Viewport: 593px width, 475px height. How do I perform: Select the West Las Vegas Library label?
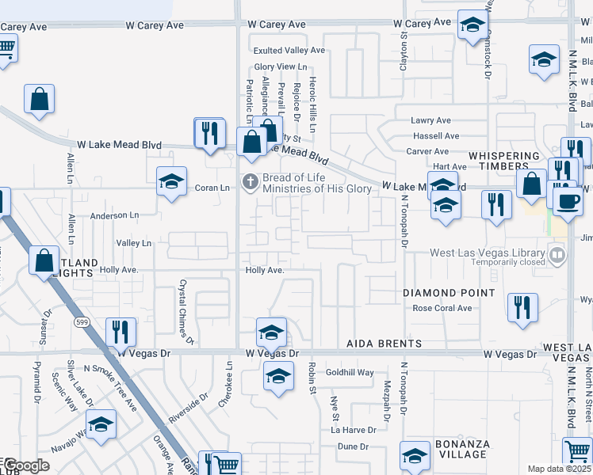coord(488,253)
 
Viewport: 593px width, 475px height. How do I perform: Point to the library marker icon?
coord(558,255)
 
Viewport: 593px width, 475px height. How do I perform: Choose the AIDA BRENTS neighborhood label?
coord(384,344)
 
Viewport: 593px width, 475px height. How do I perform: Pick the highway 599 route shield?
coord(82,322)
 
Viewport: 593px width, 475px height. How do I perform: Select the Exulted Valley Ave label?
coord(289,51)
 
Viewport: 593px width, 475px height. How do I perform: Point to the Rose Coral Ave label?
coord(442,308)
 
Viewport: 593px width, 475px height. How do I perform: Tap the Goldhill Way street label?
coord(349,372)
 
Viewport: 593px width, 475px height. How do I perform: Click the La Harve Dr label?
coord(354,430)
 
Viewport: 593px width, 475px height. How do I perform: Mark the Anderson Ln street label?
coord(114,215)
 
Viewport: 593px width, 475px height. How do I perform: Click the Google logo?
coord(26,465)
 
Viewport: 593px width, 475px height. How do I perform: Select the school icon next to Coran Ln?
coord(171,183)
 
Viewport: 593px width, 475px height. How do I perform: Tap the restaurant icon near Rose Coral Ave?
coord(522,306)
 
